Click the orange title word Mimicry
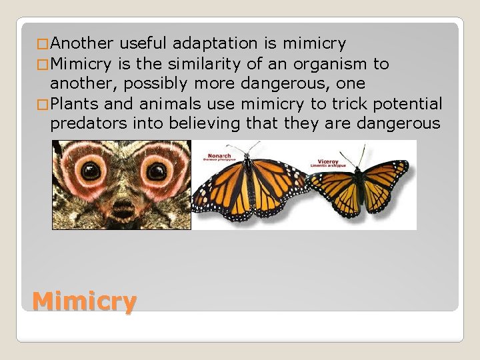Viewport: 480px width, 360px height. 84,301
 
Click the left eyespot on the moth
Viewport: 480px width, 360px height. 91,171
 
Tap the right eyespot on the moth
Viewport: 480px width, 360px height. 157,171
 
